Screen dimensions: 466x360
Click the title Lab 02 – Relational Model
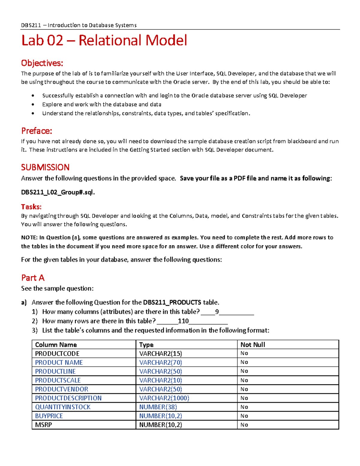[104, 41]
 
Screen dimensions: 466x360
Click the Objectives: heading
[42, 63]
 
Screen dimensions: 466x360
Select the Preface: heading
[37, 131]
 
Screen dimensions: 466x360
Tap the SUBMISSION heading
[45, 167]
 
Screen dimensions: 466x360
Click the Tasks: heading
[31, 207]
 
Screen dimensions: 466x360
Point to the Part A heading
[33, 278]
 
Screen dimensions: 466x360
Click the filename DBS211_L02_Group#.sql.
[58, 192]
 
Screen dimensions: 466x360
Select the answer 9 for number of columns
[217, 312]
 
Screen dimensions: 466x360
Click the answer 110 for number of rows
[183, 321]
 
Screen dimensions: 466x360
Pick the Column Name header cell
[56, 345]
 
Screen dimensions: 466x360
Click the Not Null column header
[253, 345]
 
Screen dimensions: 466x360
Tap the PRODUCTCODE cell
[57, 353]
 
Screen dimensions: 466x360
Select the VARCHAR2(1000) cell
[164, 398]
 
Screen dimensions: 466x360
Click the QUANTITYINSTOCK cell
[63, 407]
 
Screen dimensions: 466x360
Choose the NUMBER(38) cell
[158, 407]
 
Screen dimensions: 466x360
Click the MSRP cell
[43, 425]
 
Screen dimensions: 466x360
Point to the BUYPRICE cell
[49, 416]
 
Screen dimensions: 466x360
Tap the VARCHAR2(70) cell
[160, 362]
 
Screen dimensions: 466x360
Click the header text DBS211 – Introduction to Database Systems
[79, 25]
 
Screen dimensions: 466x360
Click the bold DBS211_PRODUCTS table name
[172, 302]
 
